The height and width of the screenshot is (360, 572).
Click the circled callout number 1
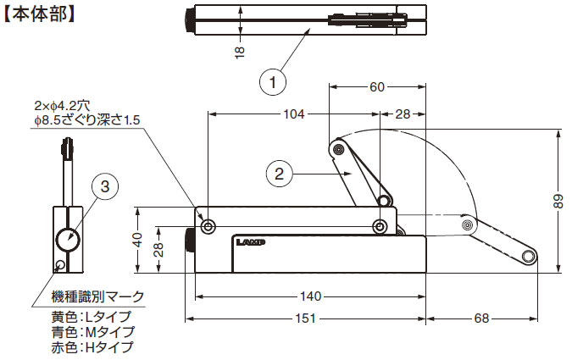coord(273,82)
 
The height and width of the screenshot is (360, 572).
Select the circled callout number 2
coord(279,174)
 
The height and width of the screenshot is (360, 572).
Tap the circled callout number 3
coord(105,186)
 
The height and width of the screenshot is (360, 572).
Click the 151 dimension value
coord(306,318)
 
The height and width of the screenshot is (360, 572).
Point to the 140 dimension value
coord(310,296)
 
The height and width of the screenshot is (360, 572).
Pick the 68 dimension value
coord(481,318)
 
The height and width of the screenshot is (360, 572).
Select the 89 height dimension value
coord(558,201)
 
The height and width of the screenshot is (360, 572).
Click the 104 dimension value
coord(294,114)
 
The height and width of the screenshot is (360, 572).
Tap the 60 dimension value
coord(377,87)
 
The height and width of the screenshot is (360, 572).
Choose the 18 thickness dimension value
coord(240,53)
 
